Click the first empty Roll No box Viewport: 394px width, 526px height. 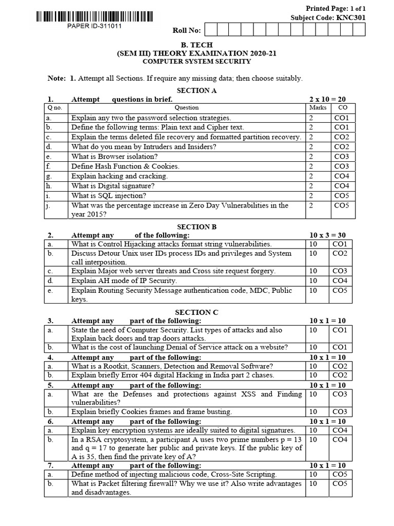[x=211, y=30]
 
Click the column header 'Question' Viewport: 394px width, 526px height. [x=187, y=108]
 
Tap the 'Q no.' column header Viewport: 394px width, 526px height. [x=54, y=108]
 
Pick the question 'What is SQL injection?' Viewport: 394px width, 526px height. [x=109, y=196]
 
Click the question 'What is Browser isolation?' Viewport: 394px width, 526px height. [x=114, y=156]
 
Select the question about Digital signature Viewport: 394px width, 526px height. [x=113, y=186]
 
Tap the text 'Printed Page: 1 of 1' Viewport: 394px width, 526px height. [x=340, y=9]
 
